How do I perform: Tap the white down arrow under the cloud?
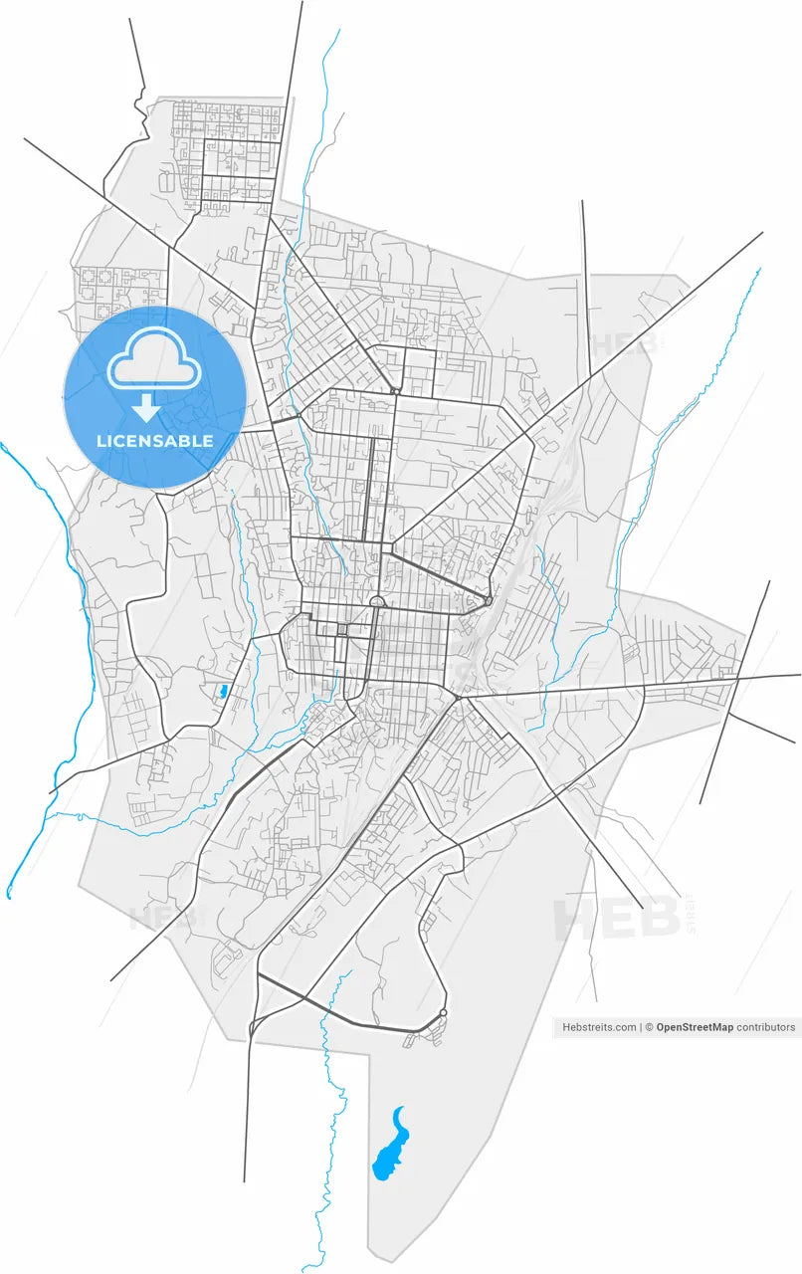pyautogui.click(x=146, y=407)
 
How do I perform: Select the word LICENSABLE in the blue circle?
pyautogui.click(x=154, y=440)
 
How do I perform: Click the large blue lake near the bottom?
pyautogui.click(x=389, y=1149)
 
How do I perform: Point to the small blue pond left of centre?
pyautogui.click(x=223, y=690)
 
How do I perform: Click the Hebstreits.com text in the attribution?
pyautogui.click(x=599, y=1027)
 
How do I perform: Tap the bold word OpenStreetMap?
pyautogui.click(x=694, y=1027)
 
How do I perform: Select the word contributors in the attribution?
pyautogui.click(x=766, y=1027)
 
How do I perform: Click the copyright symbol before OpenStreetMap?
pyautogui.click(x=649, y=1027)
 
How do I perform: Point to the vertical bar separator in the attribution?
pyautogui.click(x=641, y=1027)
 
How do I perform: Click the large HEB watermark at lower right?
pyautogui.click(x=617, y=919)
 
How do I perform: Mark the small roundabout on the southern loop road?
pyautogui.click(x=443, y=1013)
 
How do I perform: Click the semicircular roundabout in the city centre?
pyautogui.click(x=377, y=602)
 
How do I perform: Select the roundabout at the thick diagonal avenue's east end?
pyautogui.click(x=489, y=600)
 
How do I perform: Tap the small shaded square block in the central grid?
pyautogui.click(x=341, y=630)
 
